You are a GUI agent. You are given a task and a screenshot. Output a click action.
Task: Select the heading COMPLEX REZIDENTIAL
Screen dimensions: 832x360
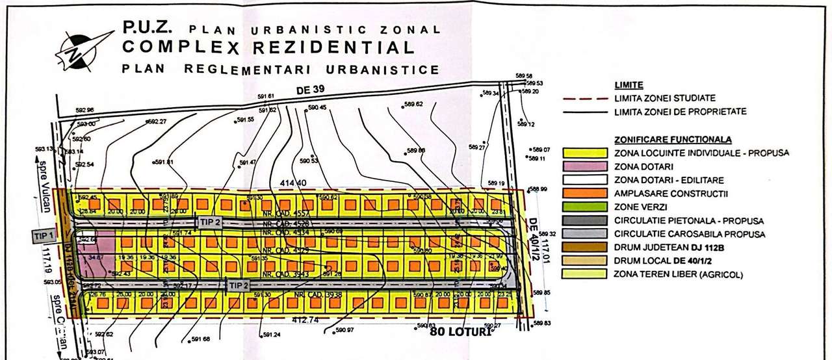[268, 47]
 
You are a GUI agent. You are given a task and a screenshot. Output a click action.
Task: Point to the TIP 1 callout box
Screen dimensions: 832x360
[44, 236]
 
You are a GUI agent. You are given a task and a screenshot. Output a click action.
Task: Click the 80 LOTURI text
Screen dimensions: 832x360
[460, 331]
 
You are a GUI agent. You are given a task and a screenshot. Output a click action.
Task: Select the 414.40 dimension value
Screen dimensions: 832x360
[292, 184]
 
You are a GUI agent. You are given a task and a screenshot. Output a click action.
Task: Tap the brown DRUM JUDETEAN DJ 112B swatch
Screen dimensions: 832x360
[584, 246]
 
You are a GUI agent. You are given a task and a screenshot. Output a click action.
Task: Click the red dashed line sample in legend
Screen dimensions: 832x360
[585, 98]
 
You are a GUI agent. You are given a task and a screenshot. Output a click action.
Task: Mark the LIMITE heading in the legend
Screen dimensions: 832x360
[629, 85]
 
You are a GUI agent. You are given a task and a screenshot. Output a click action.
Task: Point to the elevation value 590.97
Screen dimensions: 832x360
[344, 330]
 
